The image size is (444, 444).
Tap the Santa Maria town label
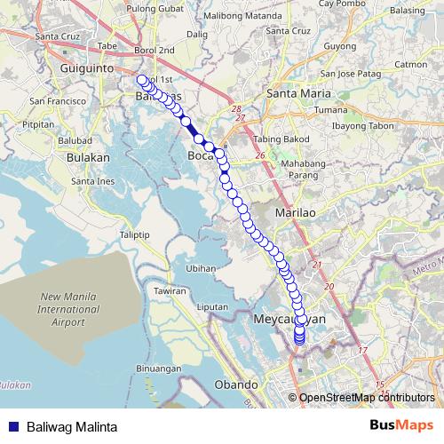(x=297, y=93)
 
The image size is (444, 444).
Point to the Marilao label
(x=295, y=214)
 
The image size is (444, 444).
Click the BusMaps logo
(x=401, y=425)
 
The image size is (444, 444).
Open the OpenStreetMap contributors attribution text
(x=366, y=398)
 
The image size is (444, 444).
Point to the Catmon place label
(x=410, y=64)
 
